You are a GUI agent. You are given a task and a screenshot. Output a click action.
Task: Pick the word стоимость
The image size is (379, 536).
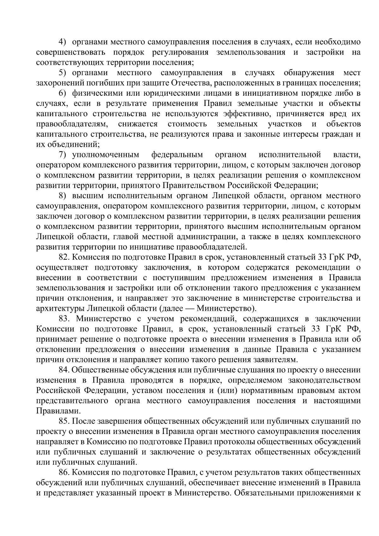(188, 124)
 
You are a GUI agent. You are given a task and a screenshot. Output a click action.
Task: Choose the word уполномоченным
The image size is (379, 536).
(106, 155)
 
